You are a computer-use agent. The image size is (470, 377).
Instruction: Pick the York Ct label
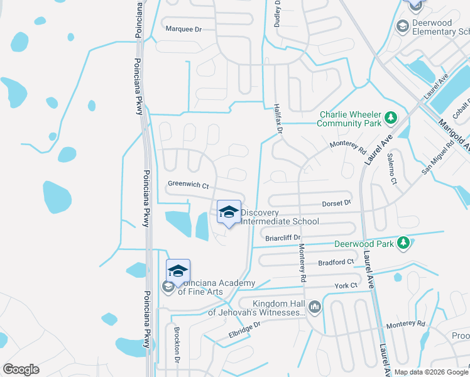pyautogui.click(x=346, y=285)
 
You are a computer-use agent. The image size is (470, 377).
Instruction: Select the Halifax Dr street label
pyautogui.click(x=278, y=119)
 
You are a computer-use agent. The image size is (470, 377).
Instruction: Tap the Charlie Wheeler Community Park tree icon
pyautogui.click(x=391, y=117)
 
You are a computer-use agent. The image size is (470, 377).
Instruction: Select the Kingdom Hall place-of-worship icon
pyautogui.click(x=315, y=307)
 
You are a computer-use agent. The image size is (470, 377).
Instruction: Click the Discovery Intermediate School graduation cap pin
pyautogui.click(x=229, y=212)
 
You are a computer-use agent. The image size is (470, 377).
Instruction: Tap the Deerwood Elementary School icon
pyautogui.click(x=402, y=26)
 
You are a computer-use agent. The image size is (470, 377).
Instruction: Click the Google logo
pyautogui.click(x=21, y=369)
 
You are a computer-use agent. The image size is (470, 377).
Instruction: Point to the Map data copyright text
pyautogui.click(x=431, y=372)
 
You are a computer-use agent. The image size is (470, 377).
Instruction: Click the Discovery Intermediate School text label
pyautogui.click(x=280, y=217)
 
